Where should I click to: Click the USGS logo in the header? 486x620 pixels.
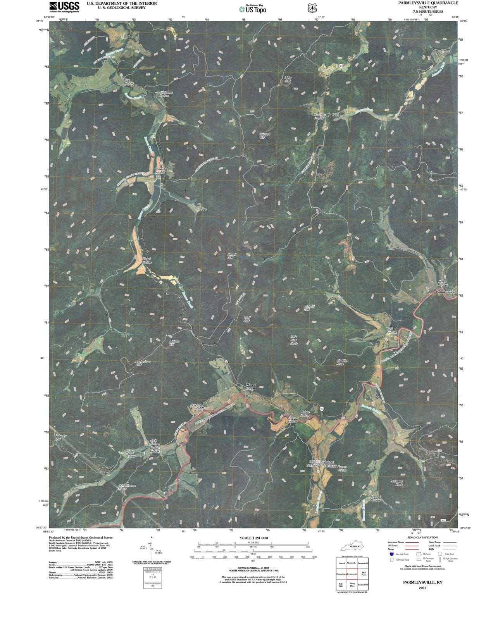tap(64, 7)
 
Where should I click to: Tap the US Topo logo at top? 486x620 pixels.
tap(253, 9)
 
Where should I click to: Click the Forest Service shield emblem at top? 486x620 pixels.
tap(310, 8)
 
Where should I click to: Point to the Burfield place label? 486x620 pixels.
tap(333, 115)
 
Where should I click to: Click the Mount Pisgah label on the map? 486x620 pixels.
tap(251, 387)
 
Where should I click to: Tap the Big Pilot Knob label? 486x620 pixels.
tap(342, 362)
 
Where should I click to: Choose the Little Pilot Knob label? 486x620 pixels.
tap(294, 340)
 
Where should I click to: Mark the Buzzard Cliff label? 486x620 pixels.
tap(308, 308)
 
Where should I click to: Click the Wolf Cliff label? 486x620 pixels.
tap(247, 319)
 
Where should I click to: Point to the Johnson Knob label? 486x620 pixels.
tap(397, 483)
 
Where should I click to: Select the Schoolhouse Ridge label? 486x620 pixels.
tap(127, 487)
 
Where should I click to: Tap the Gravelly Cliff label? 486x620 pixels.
tap(60, 437)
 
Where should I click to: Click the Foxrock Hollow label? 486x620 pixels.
tap(376, 498)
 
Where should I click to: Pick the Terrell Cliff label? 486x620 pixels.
tap(231, 256)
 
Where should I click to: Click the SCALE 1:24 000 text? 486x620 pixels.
tap(253, 538)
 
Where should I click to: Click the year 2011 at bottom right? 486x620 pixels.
tap(422, 588)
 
